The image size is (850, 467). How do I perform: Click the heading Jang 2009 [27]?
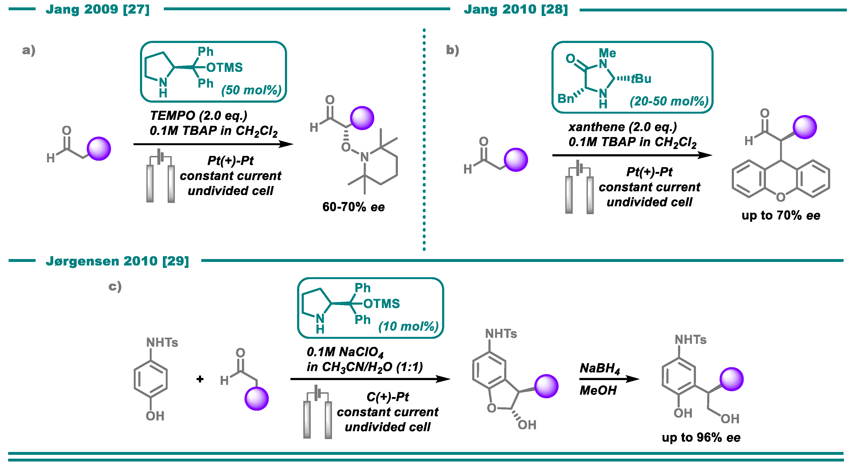coord(98,9)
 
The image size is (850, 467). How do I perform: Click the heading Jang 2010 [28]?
coord(516,9)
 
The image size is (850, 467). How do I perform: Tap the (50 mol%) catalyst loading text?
coord(251,90)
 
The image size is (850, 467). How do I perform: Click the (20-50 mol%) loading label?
coord(669,101)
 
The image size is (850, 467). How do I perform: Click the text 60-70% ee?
coord(353,207)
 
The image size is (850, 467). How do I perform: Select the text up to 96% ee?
coord(701,437)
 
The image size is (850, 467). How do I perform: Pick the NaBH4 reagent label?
coord(599,368)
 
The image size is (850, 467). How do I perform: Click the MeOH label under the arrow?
coord(598,391)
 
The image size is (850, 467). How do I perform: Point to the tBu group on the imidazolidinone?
coord(641,79)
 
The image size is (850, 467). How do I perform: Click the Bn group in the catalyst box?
coord(566,99)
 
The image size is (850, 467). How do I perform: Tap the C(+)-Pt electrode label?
coord(387,397)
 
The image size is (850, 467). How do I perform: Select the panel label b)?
coord(452,50)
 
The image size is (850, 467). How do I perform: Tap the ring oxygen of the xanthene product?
coord(781,197)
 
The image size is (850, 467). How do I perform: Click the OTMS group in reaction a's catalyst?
coord(224,68)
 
